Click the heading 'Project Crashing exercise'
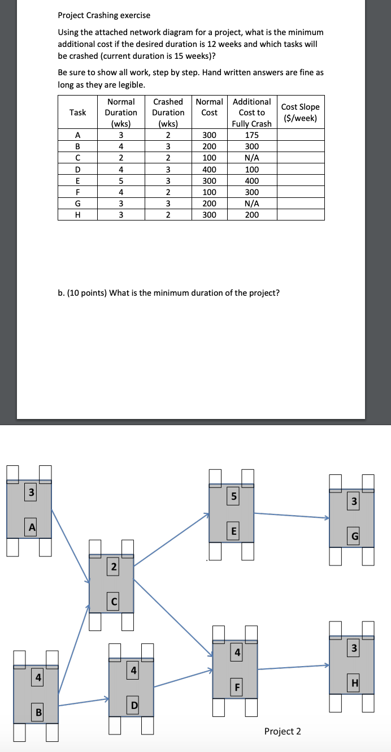pos(104,15)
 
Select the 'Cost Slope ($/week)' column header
pos(300,113)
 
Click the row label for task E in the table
pos(77,181)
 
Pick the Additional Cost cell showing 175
pos(251,135)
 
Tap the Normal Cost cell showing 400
pos(209,170)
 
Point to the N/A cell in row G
pos(251,204)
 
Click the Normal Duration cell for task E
pos(121,181)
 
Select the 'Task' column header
pos(77,113)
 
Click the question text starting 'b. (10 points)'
pos(169,292)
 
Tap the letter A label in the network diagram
pos(33,527)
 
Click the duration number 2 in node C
pos(114,567)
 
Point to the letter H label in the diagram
pos(354,684)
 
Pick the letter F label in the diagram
pos(238,688)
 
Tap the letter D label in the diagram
pos(134,706)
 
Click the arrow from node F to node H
pos(294,668)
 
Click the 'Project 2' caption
pos(283,731)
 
